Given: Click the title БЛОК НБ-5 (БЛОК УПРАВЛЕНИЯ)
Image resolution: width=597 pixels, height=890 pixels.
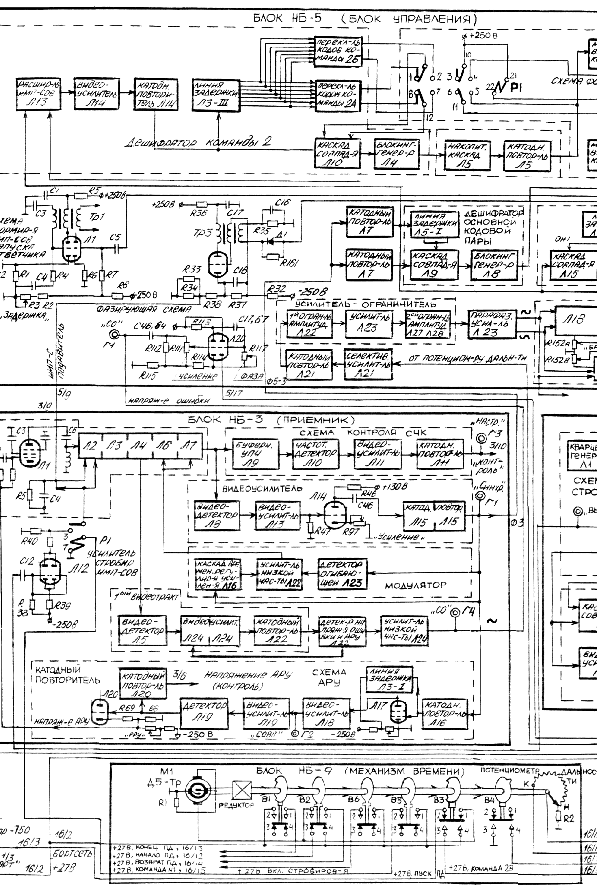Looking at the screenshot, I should tap(364, 19).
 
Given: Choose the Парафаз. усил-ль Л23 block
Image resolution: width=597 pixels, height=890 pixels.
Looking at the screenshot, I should tap(492, 324).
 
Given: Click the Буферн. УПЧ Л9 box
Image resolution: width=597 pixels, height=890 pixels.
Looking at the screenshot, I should tap(256, 454).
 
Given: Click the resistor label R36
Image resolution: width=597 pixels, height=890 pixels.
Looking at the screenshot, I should tap(198, 213).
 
